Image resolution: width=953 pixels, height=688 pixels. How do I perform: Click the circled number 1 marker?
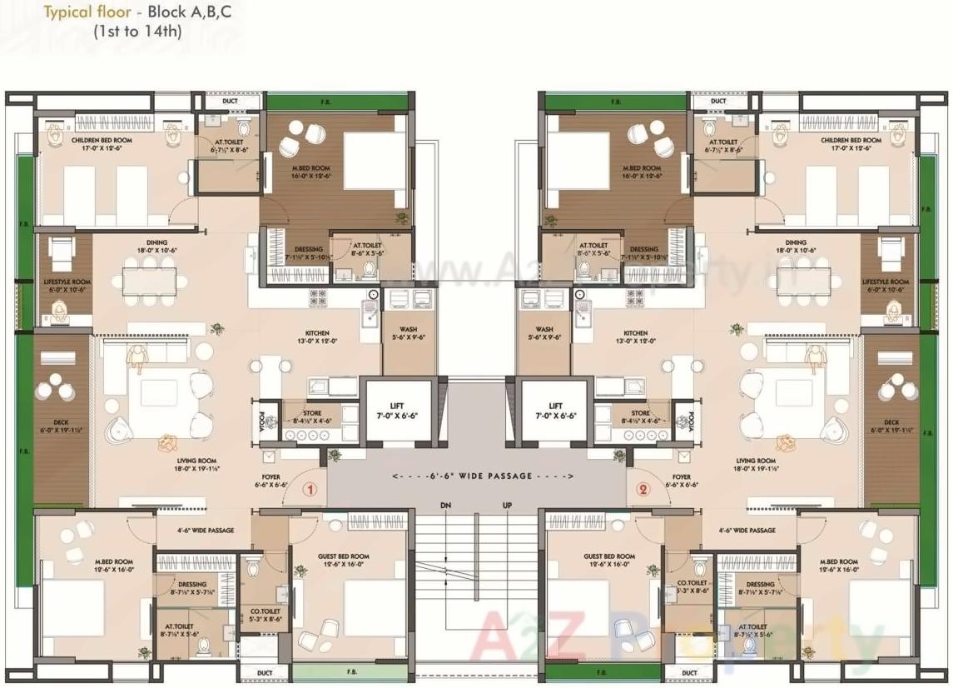pos(310,490)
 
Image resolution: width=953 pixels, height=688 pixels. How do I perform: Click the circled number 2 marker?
pos(642,490)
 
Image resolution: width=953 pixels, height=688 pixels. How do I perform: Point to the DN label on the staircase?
pos(446,506)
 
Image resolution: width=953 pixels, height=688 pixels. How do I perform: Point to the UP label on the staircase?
pos(507,506)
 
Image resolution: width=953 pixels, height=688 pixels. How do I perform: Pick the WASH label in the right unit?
pos(544,333)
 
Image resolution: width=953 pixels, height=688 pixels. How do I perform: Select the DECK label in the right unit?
pos(891,426)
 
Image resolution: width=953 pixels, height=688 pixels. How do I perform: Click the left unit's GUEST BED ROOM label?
pos(343,561)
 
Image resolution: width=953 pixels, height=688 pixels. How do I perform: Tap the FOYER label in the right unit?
pos(681,481)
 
